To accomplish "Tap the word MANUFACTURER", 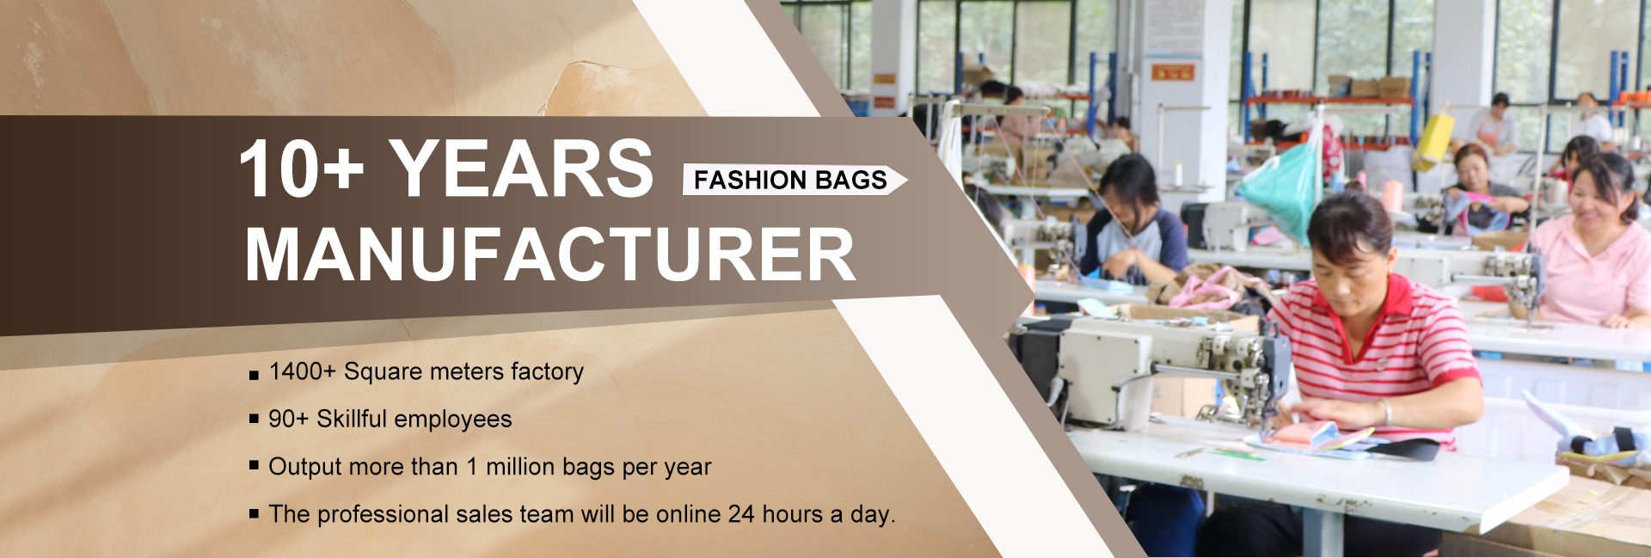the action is point(550,254).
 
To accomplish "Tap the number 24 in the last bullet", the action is point(741,514).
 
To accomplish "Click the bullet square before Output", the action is point(254,466).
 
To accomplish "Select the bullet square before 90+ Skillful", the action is point(254,419).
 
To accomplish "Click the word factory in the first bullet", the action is point(547,371).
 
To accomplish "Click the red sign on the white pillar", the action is point(1173,71).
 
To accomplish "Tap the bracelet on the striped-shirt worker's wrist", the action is point(1387,411).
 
